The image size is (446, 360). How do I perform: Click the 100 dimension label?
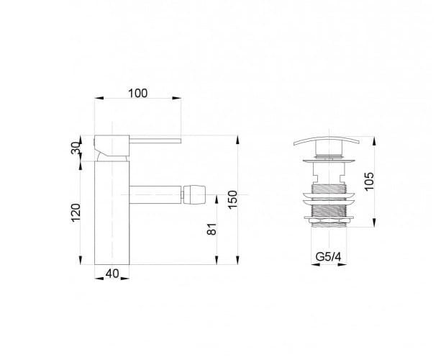click(138, 94)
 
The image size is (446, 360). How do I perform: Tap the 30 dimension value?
click(76, 148)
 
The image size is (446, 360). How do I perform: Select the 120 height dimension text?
click(76, 212)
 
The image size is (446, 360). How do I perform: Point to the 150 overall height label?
click(232, 199)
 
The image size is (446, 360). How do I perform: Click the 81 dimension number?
click(212, 229)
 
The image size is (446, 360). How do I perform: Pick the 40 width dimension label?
click(112, 274)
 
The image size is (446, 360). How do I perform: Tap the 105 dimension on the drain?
click(369, 181)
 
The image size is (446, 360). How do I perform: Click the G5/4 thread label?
click(328, 257)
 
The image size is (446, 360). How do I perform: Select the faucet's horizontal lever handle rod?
click(155, 140)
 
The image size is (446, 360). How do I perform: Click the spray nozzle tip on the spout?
click(194, 194)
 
